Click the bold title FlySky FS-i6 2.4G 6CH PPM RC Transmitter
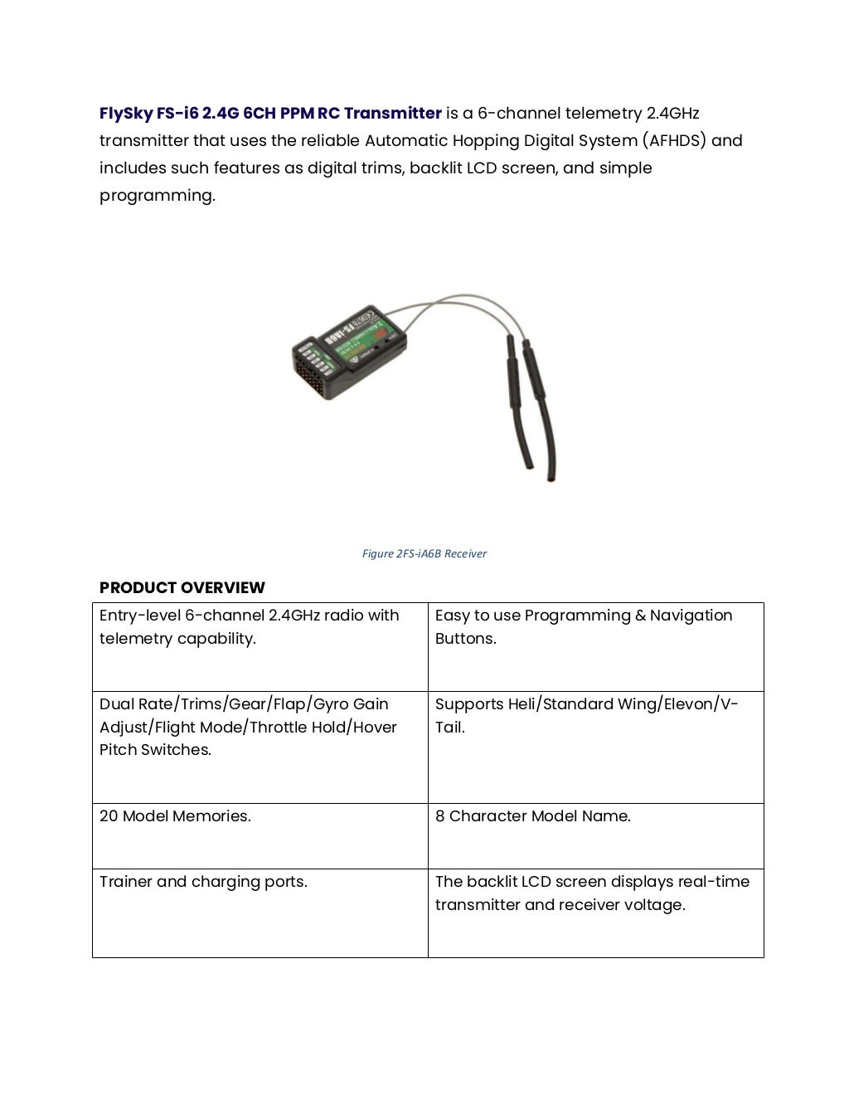click(270, 113)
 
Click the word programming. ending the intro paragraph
click(157, 196)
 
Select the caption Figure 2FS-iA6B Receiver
click(424, 553)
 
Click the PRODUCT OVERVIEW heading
click(182, 587)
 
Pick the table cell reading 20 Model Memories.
click(175, 816)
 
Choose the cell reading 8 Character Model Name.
click(532, 816)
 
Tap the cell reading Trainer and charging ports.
click(203, 882)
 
